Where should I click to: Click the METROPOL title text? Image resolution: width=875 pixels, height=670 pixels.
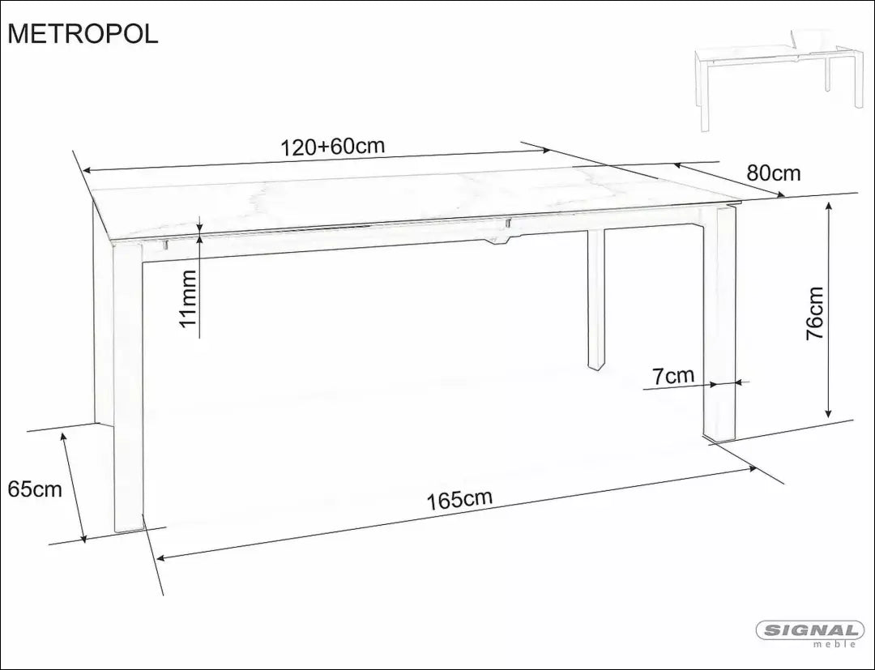[x=83, y=33]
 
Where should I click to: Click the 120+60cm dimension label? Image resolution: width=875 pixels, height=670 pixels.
[x=332, y=147]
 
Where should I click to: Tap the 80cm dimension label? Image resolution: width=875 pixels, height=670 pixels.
[x=773, y=173]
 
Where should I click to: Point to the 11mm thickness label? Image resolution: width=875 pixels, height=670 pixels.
[x=188, y=299]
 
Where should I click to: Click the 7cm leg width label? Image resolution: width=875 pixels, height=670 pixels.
[x=673, y=375]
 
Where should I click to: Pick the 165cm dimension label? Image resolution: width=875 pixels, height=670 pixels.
[x=459, y=499]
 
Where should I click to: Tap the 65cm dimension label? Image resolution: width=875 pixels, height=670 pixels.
[x=35, y=489]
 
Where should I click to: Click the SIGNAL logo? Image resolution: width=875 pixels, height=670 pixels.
[x=810, y=630]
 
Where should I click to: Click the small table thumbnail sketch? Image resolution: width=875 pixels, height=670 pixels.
[x=779, y=77]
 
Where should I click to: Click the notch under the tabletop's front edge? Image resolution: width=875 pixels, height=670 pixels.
[x=500, y=239]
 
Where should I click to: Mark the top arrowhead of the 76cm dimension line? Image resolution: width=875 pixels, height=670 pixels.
[x=828, y=207]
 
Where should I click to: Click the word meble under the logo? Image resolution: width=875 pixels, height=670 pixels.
[x=834, y=645]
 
